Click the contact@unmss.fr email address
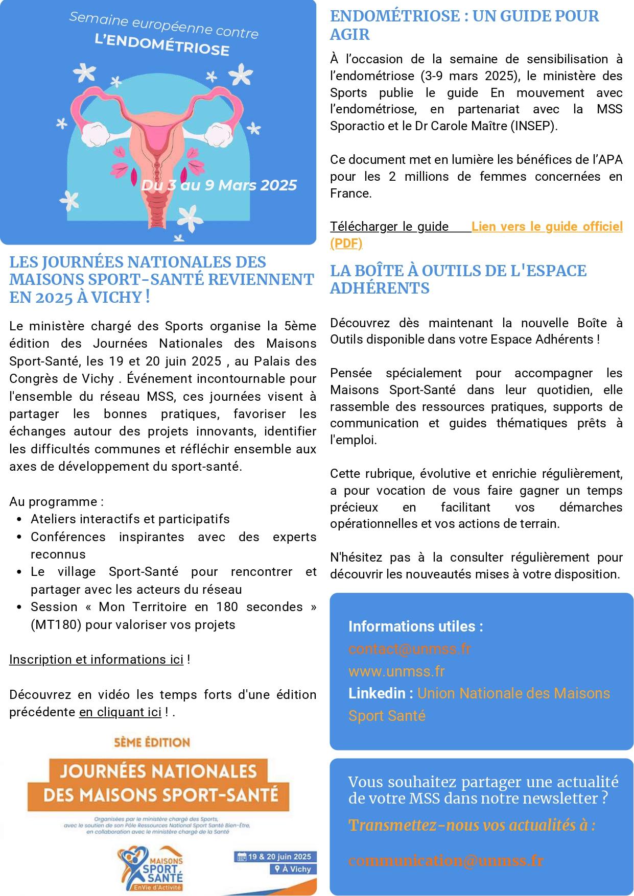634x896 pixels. tap(409, 649)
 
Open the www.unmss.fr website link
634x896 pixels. tap(396, 671)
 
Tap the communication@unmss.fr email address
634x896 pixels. tap(445, 860)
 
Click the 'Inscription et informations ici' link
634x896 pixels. tap(96, 660)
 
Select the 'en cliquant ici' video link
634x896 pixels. tap(120, 712)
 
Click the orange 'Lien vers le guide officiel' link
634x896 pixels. tap(547, 227)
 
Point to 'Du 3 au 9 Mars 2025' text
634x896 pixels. tap(219, 185)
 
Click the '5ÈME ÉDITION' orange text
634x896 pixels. tap(152, 742)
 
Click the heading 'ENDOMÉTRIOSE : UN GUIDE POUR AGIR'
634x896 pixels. tap(464, 25)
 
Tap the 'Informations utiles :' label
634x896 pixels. tap(415, 626)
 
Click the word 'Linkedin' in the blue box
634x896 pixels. tap(377, 693)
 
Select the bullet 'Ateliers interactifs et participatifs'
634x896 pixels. tap(130, 519)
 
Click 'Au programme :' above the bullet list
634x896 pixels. tap(56, 501)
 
